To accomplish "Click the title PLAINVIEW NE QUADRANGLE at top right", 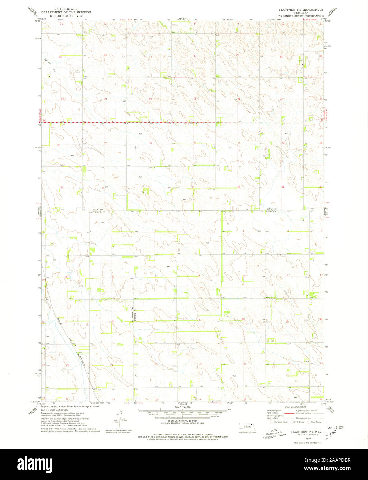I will pyautogui.click(x=301, y=10).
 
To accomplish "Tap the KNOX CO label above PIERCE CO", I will pyautogui.click(x=273, y=209).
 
